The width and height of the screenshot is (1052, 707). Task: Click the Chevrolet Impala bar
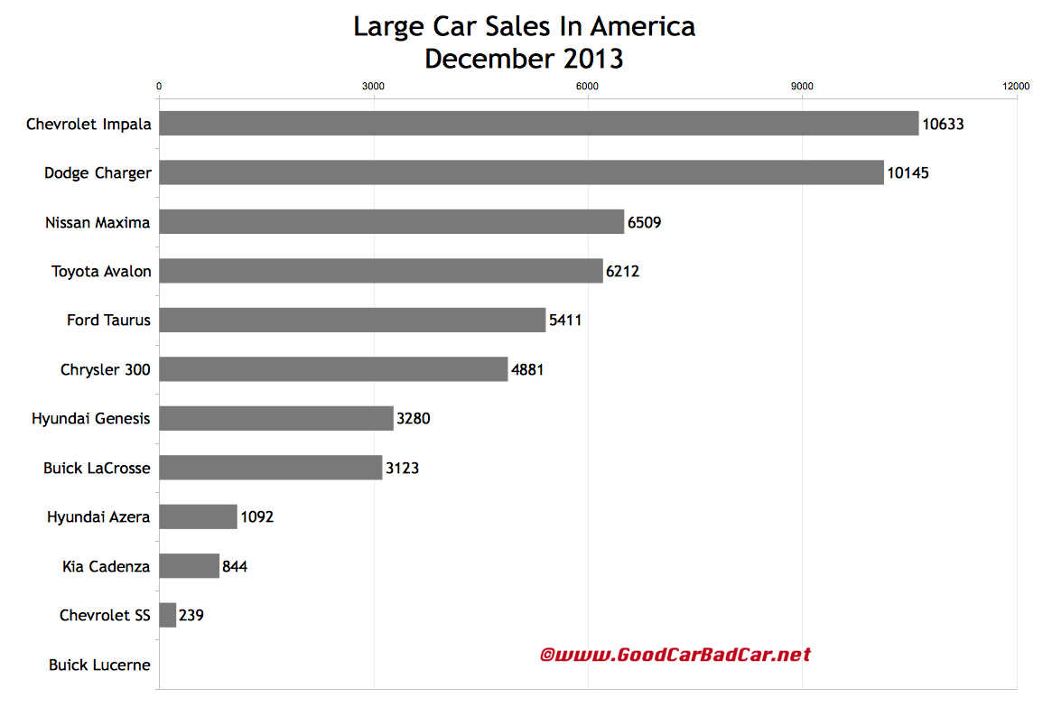(x=538, y=124)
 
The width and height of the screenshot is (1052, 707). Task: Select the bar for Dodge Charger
(x=521, y=172)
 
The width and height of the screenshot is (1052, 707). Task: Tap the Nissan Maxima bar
(x=391, y=221)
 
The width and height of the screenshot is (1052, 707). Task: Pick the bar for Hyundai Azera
(x=198, y=516)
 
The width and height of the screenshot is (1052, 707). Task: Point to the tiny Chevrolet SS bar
(x=168, y=615)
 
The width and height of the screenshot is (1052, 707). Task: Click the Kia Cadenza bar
(x=189, y=566)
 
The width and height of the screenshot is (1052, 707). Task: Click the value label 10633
(x=943, y=124)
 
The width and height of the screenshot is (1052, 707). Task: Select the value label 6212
(x=622, y=271)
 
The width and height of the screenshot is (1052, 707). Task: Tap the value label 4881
(x=527, y=369)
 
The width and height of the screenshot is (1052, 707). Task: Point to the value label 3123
(x=402, y=468)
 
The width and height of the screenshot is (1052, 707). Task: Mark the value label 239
(x=191, y=615)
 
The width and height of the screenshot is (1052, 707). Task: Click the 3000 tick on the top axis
(x=373, y=86)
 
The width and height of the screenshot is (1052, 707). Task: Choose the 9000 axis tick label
(x=802, y=86)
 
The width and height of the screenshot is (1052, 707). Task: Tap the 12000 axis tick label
(x=1016, y=86)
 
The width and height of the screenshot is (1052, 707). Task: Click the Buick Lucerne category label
(x=99, y=665)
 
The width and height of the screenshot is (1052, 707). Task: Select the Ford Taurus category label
(x=108, y=320)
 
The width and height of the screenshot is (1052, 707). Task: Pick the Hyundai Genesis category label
(x=90, y=419)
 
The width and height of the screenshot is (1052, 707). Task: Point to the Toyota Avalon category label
(x=101, y=271)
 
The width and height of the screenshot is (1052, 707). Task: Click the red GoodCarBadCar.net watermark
(x=675, y=655)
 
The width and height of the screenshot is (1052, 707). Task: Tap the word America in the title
(x=642, y=27)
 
